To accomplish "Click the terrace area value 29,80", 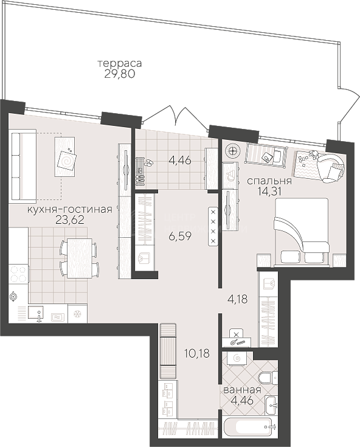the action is click(x=119, y=74).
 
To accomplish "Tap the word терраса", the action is click(x=120, y=63).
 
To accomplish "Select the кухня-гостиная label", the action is click(x=69, y=210).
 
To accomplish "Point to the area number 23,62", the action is click(x=70, y=220).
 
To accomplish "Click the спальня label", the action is click(x=269, y=181).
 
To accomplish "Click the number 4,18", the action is click(x=237, y=299).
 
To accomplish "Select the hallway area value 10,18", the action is click(x=197, y=353).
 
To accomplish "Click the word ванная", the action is click(x=242, y=390).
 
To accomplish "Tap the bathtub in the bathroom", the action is click(x=251, y=427).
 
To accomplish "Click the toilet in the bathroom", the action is click(x=267, y=378).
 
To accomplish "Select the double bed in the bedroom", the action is click(x=301, y=232).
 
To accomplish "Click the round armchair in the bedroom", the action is click(x=331, y=168).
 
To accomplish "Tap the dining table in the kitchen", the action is click(x=79, y=258).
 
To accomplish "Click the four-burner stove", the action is click(x=18, y=274).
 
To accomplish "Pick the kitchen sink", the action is click(x=36, y=314).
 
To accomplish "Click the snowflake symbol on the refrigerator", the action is click(x=77, y=314).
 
